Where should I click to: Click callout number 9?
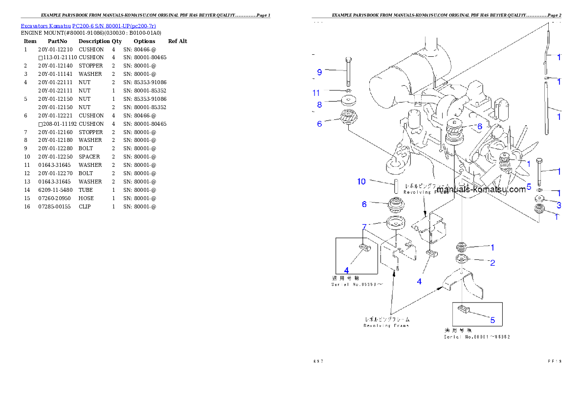(x=319, y=72)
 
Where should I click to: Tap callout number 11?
(x=316, y=92)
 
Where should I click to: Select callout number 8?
(x=319, y=104)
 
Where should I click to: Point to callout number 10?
(x=361, y=182)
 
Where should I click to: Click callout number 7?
(x=364, y=226)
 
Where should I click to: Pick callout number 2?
(x=492, y=263)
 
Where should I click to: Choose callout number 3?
(x=559, y=205)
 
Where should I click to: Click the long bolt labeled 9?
(x=348, y=71)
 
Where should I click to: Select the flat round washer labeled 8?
(x=349, y=101)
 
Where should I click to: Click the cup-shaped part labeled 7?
(x=396, y=223)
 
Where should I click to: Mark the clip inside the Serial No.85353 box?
(x=363, y=248)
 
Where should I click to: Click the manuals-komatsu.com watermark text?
(x=481, y=190)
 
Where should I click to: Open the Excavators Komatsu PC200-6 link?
(x=88, y=25)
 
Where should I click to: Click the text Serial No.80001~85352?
(x=477, y=337)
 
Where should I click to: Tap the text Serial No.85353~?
(x=357, y=284)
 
